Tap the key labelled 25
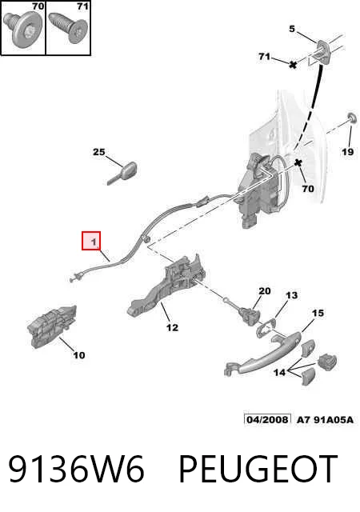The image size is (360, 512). click(123, 174)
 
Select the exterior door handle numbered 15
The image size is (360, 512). click(262, 354)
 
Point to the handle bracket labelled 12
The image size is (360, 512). click(166, 287)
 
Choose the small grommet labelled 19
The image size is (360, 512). click(352, 118)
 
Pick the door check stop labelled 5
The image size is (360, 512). click(322, 51)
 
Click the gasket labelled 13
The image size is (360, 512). click(266, 329)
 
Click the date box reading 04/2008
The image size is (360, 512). click(267, 419)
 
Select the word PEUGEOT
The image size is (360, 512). click(258, 469)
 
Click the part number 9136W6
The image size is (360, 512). click(76, 469)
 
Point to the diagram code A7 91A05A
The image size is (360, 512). click(325, 419)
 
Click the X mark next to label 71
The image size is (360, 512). click(293, 64)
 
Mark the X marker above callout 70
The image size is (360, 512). click(298, 162)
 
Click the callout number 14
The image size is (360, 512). click(279, 372)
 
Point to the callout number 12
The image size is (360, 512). click(173, 327)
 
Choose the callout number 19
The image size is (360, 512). click(347, 151)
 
